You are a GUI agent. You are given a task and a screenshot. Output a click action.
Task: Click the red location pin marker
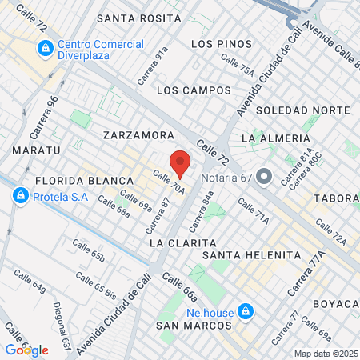tap(180, 163)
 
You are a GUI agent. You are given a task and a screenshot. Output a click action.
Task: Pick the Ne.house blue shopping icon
tap(246, 310)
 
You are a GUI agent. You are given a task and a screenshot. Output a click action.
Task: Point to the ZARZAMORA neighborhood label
tap(139, 136)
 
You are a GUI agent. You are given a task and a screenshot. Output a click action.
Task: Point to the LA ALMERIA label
tap(274, 138)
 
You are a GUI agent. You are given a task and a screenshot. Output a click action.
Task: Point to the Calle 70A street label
tap(169, 184)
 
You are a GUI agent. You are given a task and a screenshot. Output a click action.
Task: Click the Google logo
tap(26, 350)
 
